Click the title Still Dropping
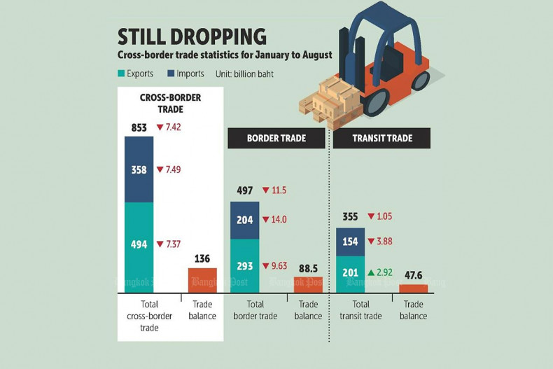192,36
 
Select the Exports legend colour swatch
121,74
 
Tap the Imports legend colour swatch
172,74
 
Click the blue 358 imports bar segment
139,169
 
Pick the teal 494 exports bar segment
139,244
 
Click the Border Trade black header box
276,138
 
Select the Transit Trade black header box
381,138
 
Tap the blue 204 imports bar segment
244,220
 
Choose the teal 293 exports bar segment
244,265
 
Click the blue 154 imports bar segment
350,242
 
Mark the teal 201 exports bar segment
350,273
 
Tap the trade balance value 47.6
413,274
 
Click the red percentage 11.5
275,190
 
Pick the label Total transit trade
360,310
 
